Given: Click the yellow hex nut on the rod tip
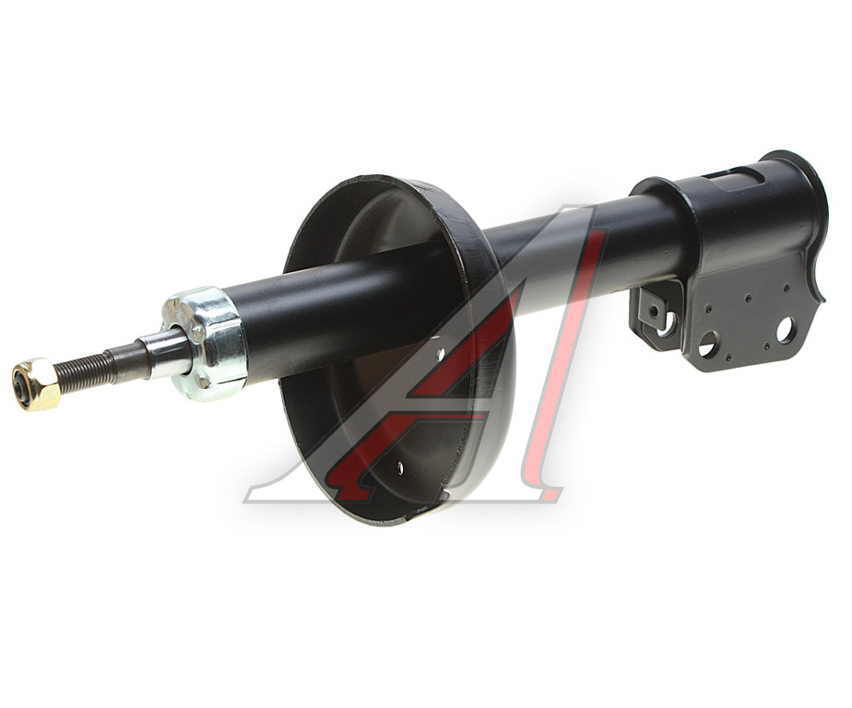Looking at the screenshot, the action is coord(36,383).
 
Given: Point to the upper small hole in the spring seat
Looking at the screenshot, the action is coord(440,354).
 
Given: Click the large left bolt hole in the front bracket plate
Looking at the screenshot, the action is coord(706,344).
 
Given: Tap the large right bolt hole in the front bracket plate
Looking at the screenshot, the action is coord(786,332).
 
